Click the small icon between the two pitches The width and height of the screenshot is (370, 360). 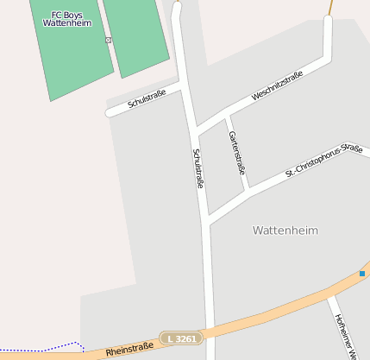(108, 41)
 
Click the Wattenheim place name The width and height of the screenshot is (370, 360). (285, 231)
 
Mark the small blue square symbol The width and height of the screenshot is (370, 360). (362, 274)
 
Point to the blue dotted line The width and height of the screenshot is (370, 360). (43, 349)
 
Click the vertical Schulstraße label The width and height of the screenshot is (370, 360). (198, 168)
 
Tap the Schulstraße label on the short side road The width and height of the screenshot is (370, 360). (147, 100)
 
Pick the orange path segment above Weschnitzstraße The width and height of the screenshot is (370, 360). (329, 7)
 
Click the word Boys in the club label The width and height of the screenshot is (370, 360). (74, 15)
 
